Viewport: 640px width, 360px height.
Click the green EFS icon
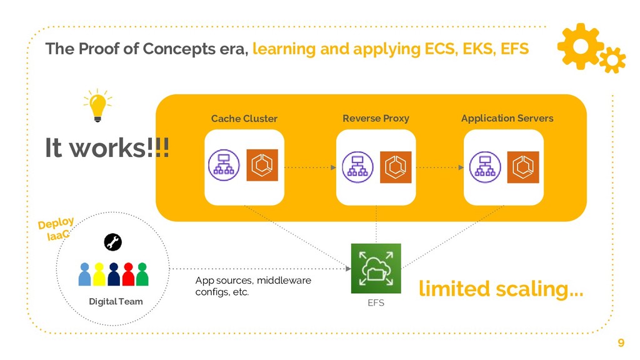pos(376,268)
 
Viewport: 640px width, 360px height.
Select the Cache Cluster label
pos(244,118)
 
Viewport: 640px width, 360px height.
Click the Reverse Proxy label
pos(376,117)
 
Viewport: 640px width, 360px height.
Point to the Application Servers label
pos(507,117)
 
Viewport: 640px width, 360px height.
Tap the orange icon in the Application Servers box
pos(523,166)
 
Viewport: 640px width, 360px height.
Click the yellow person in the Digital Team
pos(99,274)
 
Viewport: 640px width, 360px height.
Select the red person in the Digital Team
pos(128,274)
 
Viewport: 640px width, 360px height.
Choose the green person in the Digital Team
pos(142,274)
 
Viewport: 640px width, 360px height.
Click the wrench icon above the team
pos(113,242)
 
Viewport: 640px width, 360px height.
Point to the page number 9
pos(621,342)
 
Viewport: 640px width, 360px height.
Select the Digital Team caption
pos(116,302)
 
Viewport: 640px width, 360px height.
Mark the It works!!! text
pos(107,147)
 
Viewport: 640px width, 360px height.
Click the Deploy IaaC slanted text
pos(56,229)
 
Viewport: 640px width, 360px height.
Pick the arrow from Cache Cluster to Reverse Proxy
pos(310,167)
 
